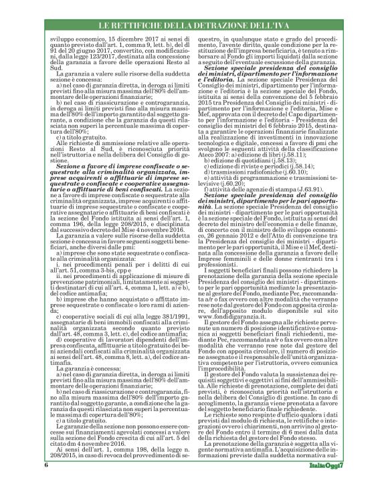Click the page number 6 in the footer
[x=47, y=483]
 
